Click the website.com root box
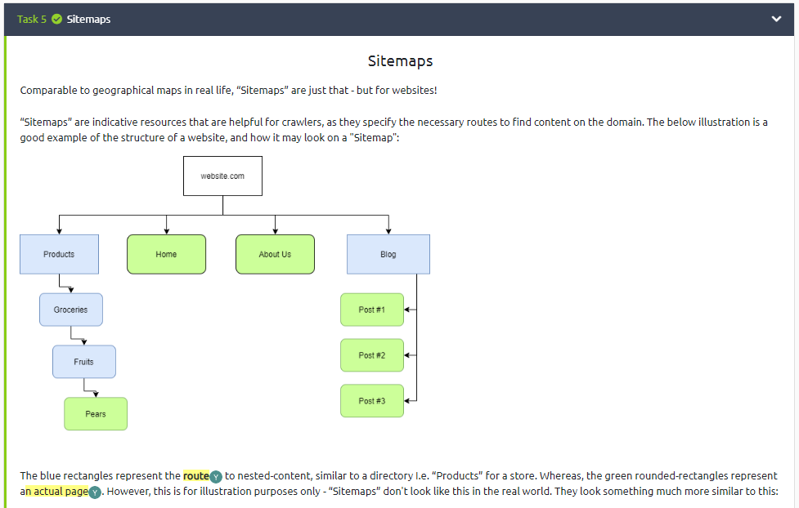tap(222, 176)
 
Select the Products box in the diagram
tap(59, 254)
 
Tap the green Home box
tap(166, 254)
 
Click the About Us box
tap(275, 254)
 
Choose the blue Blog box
tap(388, 254)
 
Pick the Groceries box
tap(70, 310)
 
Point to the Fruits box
tap(83, 362)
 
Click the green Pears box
tap(96, 414)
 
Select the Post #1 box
tap(371, 310)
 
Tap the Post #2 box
tap(371, 355)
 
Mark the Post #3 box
tap(371, 401)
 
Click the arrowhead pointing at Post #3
tap(407, 401)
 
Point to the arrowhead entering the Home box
tap(166, 231)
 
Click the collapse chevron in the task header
tap(776, 19)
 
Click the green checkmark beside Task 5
tap(56, 19)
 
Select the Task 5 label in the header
tap(32, 19)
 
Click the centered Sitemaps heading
tap(400, 61)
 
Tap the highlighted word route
tap(195, 475)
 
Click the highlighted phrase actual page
tap(61, 492)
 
